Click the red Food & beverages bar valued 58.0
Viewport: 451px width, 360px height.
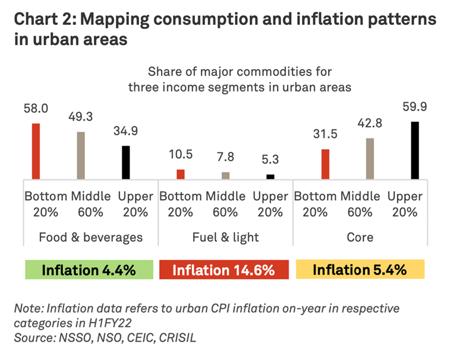pyautogui.click(x=36, y=151)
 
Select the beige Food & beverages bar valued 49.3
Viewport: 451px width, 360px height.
pyautogui.click(x=81, y=155)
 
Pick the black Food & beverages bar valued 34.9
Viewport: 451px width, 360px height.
pyautogui.click(x=125, y=162)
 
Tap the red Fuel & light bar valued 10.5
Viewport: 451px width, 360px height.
pyautogui.click(x=180, y=173)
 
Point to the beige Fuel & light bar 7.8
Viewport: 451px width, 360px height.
pyautogui.click(x=225, y=175)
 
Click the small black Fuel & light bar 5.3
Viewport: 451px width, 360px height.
pyautogui.click(x=270, y=176)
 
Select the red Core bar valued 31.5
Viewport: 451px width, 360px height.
pyautogui.click(x=325, y=163)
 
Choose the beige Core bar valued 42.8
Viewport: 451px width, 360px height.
pyautogui.click(x=370, y=158)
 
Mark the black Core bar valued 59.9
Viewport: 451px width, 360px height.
pyautogui.click(x=415, y=150)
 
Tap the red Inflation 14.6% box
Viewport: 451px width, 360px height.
pyautogui.click(x=223, y=270)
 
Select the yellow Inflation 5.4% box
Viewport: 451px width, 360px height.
pyautogui.click(x=359, y=270)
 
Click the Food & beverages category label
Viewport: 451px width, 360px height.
pyautogui.click(x=90, y=237)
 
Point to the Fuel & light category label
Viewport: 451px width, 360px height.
pyautogui.click(x=225, y=237)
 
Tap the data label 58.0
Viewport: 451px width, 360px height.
pyautogui.click(x=36, y=110)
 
